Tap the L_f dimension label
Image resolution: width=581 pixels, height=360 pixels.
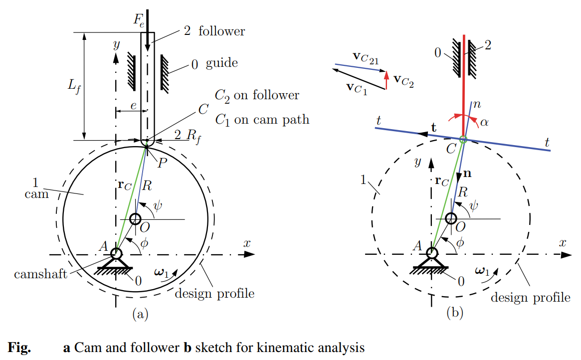(74, 87)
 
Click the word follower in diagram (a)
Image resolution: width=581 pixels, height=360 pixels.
(221, 31)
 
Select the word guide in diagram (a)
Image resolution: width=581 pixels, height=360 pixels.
(221, 63)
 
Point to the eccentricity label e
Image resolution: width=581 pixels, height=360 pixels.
(133, 106)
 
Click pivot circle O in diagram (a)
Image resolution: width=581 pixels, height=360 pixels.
(135, 219)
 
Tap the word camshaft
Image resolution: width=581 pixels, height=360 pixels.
(40, 274)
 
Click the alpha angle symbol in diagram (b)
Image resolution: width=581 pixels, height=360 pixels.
(483, 122)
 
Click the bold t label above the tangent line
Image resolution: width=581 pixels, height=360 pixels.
(433, 127)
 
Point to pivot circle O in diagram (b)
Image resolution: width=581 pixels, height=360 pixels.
(451, 218)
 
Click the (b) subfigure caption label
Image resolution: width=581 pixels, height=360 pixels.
(455, 314)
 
